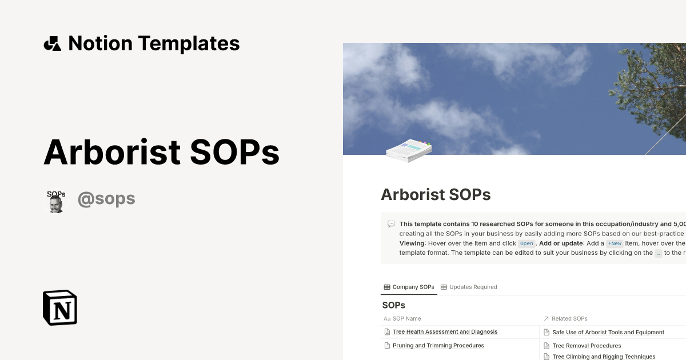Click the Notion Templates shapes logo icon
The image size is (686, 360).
pyautogui.click(x=52, y=43)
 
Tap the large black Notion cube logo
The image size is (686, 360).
pyautogui.click(x=60, y=307)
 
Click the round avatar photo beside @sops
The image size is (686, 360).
pyautogui.click(x=55, y=201)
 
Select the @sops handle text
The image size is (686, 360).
pyautogui.click(x=106, y=199)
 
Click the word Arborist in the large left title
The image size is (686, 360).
pyautogui.click(x=112, y=152)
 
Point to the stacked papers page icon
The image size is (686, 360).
pyautogui.click(x=409, y=150)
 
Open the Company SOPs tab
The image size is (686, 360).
pyautogui.click(x=409, y=287)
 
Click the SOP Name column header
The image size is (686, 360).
pyautogui.click(x=406, y=318)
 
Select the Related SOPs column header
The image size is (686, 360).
pyautogui.click(x=569, y=318)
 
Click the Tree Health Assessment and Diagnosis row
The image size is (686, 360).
pyautogui.click(x=445, y=331)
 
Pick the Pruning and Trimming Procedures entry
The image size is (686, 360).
pyautogui.click(x=438, y=345)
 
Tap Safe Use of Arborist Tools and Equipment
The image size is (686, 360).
pyautogui.click(x=608, y=332)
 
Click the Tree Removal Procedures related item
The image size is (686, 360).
pyautogui.click(x=587, y=346)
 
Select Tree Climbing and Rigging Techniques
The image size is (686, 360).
pyautogui.click(x=604, y=357)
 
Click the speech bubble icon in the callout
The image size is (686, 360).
pyautogui.click(x=391, y=224)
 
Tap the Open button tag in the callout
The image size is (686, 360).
pyautogui.click(x=526, y=243)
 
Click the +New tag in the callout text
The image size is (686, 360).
pyautogui.click(x=615, y=243)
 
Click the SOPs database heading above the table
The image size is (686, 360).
pyautogui.click(x=393, y=305)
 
